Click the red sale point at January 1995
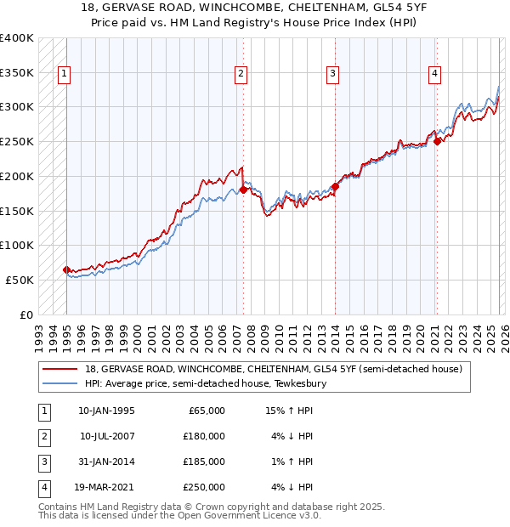pyautogui.click(x=66, y=269)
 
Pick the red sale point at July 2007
pyautogui.click(x=243, y=190)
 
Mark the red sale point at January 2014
pyautogui.click(x=335, y=186)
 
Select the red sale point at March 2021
pyautogui.click(x=437, y=141)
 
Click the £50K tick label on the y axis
pyautogui.click(x=20, y=280)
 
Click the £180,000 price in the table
pyautogui.click(x=203, y=436)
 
